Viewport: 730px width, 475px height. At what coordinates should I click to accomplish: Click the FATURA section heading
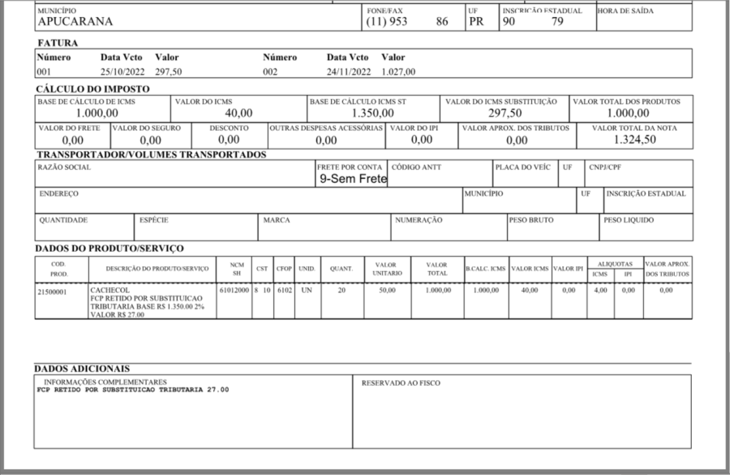pos(58,41)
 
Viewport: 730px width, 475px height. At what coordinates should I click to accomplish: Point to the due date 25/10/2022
pos(121,71)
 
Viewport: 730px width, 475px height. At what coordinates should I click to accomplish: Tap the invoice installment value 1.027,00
pos(398,71)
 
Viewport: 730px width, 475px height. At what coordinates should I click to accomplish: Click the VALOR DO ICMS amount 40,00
pos(238,113)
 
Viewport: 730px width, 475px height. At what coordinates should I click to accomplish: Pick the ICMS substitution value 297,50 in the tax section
pos(505,113)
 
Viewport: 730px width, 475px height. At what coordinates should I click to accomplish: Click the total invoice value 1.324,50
pos(633,140)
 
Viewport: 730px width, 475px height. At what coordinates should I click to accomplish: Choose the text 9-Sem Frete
pos(353,179)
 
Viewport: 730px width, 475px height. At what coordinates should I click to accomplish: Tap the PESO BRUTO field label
pos(530,220)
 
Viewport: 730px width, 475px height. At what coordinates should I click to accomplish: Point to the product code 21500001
pos(53,290)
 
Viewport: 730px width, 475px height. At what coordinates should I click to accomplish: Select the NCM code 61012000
pos(234,290)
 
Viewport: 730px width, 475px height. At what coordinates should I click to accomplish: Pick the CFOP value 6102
pos(284,290)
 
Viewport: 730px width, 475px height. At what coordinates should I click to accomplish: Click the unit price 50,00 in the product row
pos(386,290)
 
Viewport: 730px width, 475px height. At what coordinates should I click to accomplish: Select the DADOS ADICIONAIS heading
pos(82,369)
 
